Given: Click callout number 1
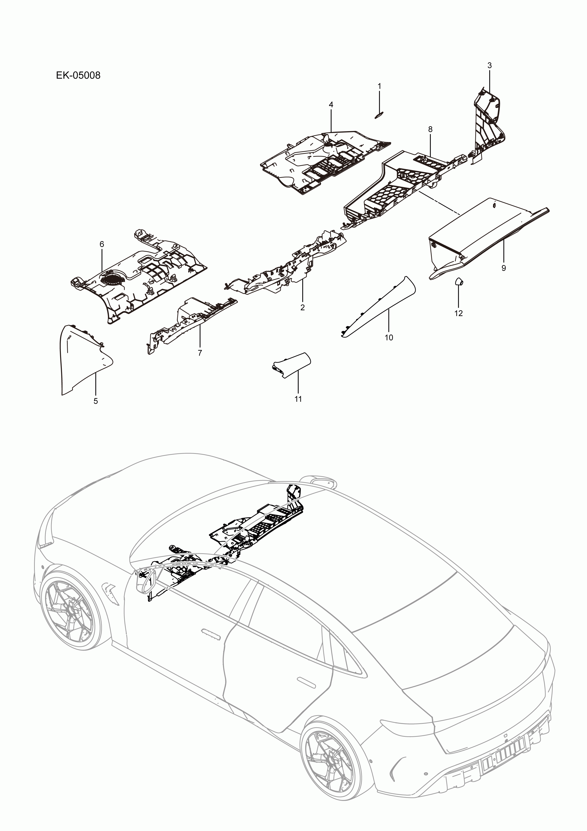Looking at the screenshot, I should [379, 86].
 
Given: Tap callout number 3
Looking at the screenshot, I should [489, 66].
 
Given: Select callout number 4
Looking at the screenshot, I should [331, 105].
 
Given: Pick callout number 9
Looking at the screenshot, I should [503, 268].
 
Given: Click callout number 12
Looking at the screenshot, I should [458, 313].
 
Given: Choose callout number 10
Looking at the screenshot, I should [389, 337].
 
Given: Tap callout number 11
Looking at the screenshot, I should [298, 399].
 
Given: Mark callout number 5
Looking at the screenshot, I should [96, 401].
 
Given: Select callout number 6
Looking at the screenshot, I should [102, 244].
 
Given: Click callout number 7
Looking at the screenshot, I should [200, 353].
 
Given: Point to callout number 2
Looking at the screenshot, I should [302, 308].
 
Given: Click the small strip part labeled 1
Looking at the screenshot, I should [379, 115].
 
